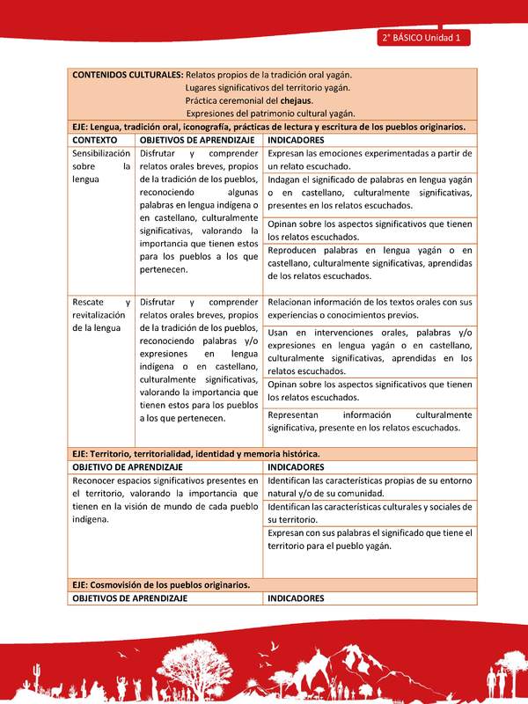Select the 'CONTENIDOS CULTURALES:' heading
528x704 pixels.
[x=128, y=75]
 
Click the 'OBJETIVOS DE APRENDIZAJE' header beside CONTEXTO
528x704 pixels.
[x=197, y=140]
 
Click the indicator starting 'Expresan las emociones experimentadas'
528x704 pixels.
[x=370, y=159]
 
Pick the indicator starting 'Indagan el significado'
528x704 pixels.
[x=370, y=192]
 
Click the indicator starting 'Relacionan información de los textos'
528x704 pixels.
[x=370, y=308]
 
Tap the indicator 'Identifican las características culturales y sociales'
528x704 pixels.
[x=370, y=514]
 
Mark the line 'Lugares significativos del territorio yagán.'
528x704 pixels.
[x=268, y=87]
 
